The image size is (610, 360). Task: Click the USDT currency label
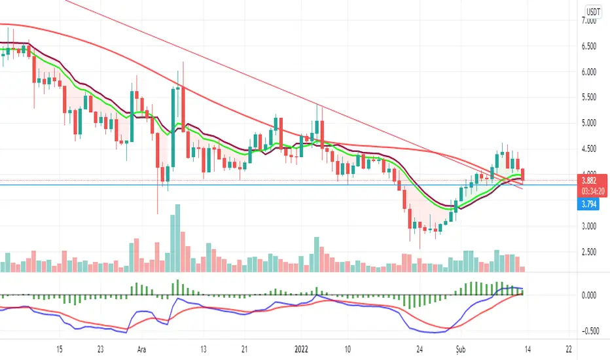coord(594,11)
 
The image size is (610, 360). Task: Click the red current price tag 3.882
coord(592,178)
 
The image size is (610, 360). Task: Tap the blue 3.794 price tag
coord(592,205)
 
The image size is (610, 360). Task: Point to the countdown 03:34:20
coord(592,192)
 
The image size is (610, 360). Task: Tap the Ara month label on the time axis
coord(142,349)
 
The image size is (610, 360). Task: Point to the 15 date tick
coord(60,349)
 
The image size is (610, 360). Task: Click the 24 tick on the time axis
coord(421,349)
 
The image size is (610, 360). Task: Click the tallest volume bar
coord(174,238)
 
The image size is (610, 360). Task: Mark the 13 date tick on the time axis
coord(204,349)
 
